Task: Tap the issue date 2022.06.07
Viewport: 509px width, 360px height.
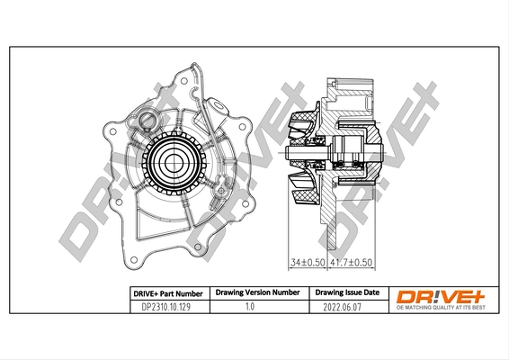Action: (x=339, y=307)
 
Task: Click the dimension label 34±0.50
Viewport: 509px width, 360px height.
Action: (x=305, y=262)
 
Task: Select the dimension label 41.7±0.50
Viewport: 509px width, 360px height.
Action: (x=351, y=262)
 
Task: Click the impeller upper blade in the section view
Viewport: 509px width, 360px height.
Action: (x=304, y=125)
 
